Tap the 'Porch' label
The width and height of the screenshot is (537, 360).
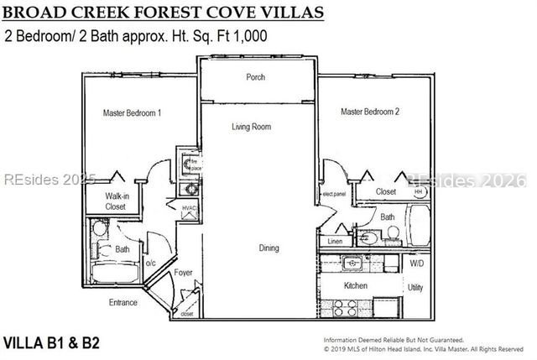pyautogui.click(x=255, y=77)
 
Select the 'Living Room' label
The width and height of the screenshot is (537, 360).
pyautogui.click(x=252, y=127)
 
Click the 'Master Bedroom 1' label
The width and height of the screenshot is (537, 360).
pyautogui.click(x=132, y=112)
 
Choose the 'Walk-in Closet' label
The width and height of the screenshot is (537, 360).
pyautogui.click(x=116, y=201)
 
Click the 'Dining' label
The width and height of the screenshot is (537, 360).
pyautogui.click(x=268, y=248)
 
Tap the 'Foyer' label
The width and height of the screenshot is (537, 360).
pyautogui.click(x=183, y=274)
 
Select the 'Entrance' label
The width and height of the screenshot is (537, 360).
pyautogui.click(x=123, y=302)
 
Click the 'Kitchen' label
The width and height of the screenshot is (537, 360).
pyautogui.click(x=357, y=286)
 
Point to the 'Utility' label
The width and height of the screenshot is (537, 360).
pyautogui.click(x=414, y=287)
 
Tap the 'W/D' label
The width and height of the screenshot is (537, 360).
pyautogui.click(x=415, y=263)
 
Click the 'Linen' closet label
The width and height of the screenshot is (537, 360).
pyautogui.click(x=335, y=242)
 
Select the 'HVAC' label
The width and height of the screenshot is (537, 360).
pyautogui.click(x=189, y=207)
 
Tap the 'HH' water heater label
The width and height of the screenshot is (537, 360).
pyautogui.click(x=418, y=191)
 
